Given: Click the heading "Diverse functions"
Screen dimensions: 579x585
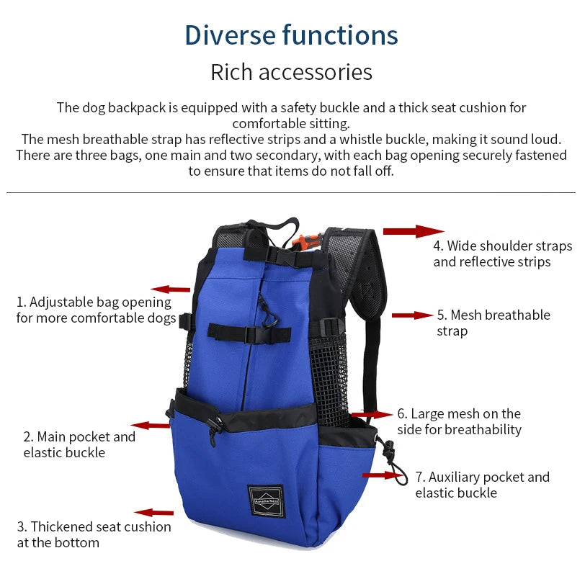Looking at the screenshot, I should [x=291, y=35].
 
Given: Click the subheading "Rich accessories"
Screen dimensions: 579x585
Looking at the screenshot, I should [x=291, y=72].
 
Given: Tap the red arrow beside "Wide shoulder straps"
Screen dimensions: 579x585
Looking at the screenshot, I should [x=413, y=231].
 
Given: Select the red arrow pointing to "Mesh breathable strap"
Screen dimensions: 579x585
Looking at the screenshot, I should [x=412, y=315].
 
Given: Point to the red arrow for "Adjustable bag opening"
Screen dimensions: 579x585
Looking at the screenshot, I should [x=170, y=289].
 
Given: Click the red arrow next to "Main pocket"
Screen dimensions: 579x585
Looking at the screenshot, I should [x=150, y=426].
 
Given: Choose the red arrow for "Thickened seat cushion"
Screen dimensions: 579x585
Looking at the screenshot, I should [x=154, y=513].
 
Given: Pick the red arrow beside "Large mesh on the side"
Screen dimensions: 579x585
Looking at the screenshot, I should [x=373, y=415].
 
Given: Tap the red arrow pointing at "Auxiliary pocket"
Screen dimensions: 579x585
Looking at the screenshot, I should [x=380, y=475].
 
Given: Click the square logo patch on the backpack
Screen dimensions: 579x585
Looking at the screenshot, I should [x=266, y=501].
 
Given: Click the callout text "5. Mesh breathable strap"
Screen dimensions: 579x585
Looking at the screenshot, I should [x=493, y=323].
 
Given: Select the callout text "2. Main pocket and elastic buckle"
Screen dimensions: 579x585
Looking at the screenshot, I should [x=79, y=444].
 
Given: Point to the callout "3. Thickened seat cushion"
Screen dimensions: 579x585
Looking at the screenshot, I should [x=94, y=534].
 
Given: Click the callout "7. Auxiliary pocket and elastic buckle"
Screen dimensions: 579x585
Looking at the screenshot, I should [x=482, y=485].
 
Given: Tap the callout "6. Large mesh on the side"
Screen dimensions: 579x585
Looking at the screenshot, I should [x=459, y=421].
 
